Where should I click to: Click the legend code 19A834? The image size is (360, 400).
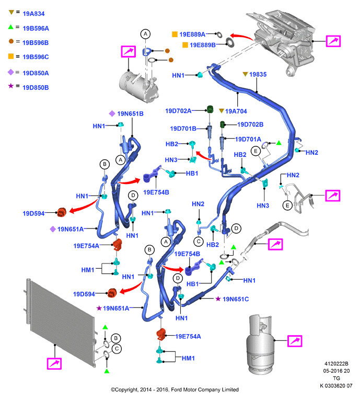coord(33,14)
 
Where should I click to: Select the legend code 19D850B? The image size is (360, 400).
coord(36,87)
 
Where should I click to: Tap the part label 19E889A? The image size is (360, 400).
coord(192,35)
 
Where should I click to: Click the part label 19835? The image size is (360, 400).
coord(258,74)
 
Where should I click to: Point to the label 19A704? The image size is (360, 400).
coord(236,111)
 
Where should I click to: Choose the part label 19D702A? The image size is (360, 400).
coord(178,111)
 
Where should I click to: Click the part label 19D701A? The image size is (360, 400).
coord(248,139)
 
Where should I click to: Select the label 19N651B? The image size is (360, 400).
coord(130,114)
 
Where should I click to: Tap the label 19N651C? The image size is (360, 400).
coord(236,299)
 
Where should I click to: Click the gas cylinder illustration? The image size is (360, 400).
coord(260,345)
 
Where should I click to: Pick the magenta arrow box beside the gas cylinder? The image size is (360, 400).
coord(295,341)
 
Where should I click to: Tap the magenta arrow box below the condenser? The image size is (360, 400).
coord(54,363)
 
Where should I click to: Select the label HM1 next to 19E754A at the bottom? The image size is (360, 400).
coord(188,358)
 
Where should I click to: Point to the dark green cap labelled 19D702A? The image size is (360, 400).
coord(210,109)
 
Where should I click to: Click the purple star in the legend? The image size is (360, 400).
coord(10,86)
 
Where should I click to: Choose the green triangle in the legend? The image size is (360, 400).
coord(10,27)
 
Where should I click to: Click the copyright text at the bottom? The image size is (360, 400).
coord(175,390)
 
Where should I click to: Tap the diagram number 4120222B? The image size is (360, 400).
coord(336,364)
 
